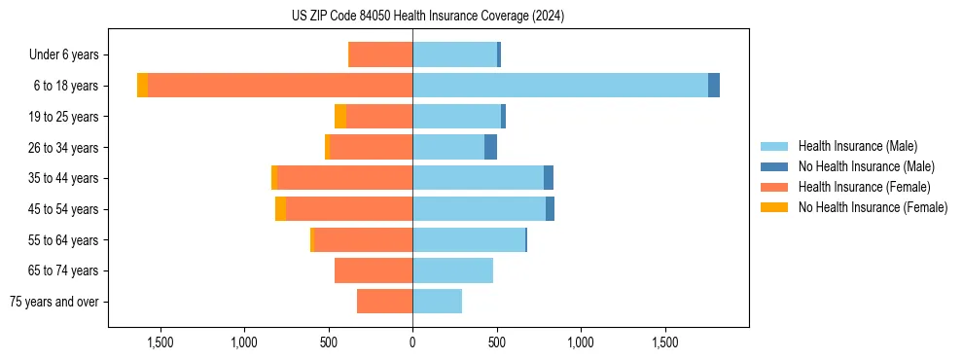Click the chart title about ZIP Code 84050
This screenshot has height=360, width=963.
[427, 16]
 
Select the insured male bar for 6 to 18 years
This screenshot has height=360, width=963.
[560, 86]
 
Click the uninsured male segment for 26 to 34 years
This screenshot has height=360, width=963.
[490, 147]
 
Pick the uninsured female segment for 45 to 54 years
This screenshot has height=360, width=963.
[280, 209]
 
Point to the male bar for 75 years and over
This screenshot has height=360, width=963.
[437, 302]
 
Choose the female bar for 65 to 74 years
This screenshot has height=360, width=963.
[374, 270]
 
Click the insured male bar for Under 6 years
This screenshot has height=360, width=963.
[454, 54]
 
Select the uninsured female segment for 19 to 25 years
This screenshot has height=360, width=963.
[340, 117]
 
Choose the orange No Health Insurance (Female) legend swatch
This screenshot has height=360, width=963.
[775, 207]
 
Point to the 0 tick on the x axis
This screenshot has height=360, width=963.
[412, 342]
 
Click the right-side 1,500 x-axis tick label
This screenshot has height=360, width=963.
[665, 342]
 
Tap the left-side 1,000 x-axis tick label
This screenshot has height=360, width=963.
[244, 342]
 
